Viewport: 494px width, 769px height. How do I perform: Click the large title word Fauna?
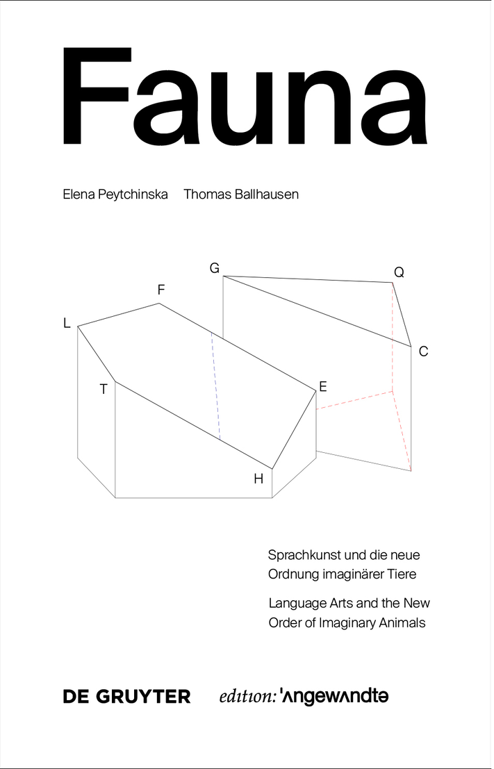(x=246, y=97)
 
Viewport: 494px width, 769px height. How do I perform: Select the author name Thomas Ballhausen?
(x=241, y=195)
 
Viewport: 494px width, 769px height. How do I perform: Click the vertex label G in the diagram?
(x=214, y=268)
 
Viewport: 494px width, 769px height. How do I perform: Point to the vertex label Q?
(x=399, y=273)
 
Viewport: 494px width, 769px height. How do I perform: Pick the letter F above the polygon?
(x=161, y=290)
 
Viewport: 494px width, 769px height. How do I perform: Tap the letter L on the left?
(x=67, y=323)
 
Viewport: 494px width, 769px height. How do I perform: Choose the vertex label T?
(x=104, y=390)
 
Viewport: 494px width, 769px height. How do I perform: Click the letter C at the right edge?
(x=423, y=352)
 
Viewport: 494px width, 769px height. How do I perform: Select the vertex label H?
(x=258, y=478)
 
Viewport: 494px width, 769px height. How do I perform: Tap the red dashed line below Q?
(x=393, y=333)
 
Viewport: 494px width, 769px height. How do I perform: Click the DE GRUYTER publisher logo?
(x=126, y=696)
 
